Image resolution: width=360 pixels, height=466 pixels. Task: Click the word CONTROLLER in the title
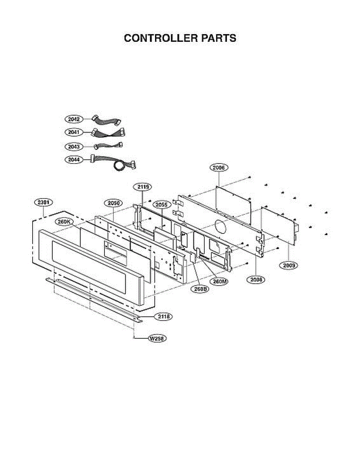tap(161, 38)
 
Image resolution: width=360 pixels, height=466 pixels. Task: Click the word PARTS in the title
tap(219, 38)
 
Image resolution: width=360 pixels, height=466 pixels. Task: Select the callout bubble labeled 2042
tap(74, 119)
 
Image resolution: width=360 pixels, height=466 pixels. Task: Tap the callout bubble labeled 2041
tap(74, 132)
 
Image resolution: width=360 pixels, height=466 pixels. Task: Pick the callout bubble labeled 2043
tap(74, 147)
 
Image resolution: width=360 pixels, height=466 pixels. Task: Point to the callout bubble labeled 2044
tap(74, 160)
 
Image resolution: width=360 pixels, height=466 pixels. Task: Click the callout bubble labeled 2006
tap(219, 167)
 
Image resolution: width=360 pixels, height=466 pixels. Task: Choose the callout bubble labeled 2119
tap(143, 187)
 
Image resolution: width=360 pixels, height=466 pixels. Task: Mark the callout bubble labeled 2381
tap(43, 202)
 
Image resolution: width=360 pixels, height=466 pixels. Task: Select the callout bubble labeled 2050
tap(113, 203)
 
